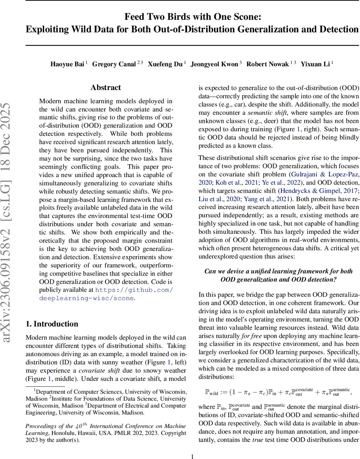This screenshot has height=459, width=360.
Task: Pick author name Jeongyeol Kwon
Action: pyautogui.click(x=214, y=64)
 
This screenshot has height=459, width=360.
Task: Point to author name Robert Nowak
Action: pyautogui.click(x=267, y=64)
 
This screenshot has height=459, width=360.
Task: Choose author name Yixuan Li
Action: pyautogui.click(x=315, y=64)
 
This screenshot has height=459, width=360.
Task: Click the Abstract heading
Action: pyautogui.click(x=106, y=88)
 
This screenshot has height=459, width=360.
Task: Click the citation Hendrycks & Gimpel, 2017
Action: pyautogui.click(x=318, y=190)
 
